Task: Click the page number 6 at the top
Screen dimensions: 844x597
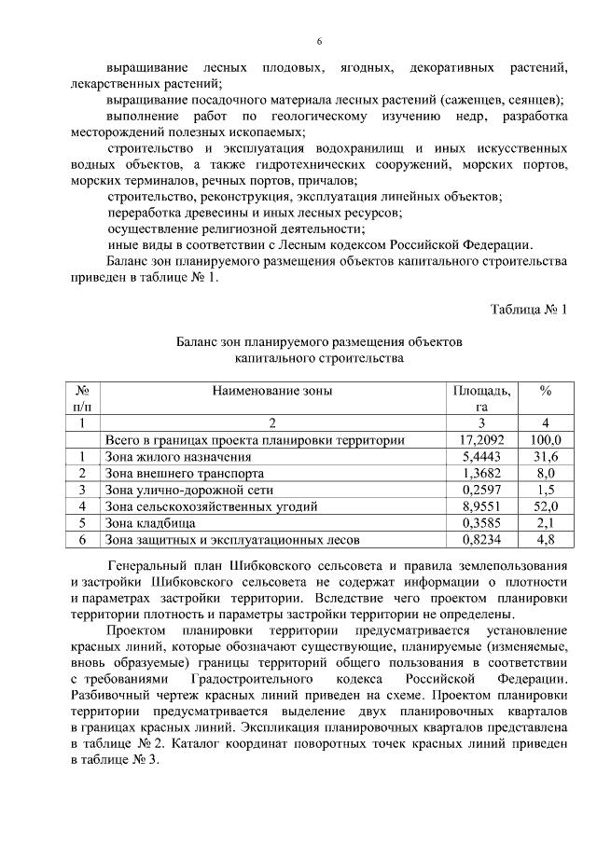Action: (319, 42)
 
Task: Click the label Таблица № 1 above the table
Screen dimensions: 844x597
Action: (528, 310)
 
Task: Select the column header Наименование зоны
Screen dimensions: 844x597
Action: (271, 392)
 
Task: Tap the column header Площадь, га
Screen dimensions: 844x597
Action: (481, 398)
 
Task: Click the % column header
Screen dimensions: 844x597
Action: (546, 392)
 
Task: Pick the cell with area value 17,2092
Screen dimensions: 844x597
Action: (481, 440)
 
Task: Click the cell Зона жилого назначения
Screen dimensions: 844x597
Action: (178, 457)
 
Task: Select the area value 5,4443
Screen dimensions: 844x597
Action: (481, 457)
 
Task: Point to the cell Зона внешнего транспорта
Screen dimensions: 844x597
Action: (184, 474)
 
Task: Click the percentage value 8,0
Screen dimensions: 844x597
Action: (546, 474)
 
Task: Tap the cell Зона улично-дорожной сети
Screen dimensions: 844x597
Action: (187, 490)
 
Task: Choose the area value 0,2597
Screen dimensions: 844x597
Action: (481, 490)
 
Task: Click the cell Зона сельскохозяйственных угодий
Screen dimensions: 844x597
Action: (212, 506)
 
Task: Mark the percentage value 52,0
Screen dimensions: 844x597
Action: (546, 506)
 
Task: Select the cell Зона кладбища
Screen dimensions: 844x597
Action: (150, 523)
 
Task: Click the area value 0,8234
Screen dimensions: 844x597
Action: (481, 539)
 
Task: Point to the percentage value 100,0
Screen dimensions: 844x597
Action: (546, 440)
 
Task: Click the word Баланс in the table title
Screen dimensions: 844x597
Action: (200, 342)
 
